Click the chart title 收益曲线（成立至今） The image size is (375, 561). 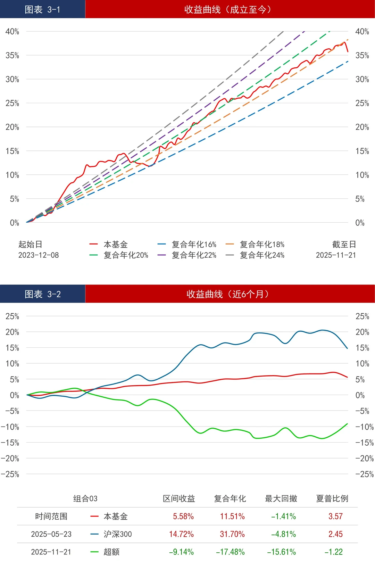228,9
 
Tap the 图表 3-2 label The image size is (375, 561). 43,294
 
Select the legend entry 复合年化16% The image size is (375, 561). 194,244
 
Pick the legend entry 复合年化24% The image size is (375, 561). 262,255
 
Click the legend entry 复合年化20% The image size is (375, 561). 126,255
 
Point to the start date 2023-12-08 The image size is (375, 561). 39,255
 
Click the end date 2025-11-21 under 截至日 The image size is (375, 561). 336,255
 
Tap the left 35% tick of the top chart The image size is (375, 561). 12,55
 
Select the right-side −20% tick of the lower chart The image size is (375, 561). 364,458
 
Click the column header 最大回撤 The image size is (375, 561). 281,498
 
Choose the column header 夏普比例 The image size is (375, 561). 332,498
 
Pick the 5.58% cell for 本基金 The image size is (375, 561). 183,517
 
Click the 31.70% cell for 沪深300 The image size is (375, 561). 232,534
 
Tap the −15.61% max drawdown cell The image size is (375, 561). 281,552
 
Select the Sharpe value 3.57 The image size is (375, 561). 335,517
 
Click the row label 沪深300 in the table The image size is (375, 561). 118,534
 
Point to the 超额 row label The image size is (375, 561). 111,552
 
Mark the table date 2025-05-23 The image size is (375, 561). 51,534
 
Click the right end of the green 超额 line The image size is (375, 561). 347,424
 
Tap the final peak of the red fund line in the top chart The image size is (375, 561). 344,42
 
